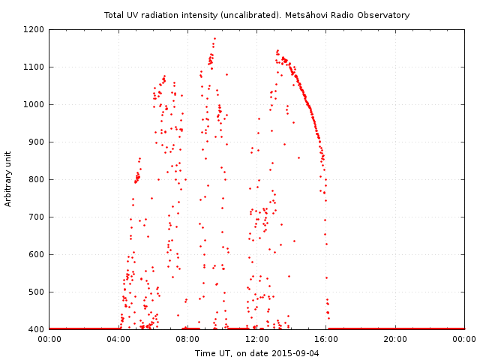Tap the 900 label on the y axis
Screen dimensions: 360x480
(37, 142)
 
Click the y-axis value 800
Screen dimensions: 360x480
(37, 179)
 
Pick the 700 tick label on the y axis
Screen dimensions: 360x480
(37, 217)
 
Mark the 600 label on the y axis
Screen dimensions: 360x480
(37, 254)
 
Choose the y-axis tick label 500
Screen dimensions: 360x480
(37, 292)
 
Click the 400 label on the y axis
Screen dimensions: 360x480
(37, 329)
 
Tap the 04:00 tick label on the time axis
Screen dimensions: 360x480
(118, 339)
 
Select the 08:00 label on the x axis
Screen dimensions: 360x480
(187, 339)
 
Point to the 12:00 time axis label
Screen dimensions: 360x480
(257, 339)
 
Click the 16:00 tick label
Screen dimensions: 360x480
(326, 339)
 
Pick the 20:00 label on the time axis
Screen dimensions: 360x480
(395, 339)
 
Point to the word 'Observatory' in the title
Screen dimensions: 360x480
(385, 15)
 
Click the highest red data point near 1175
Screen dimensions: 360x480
(214, 38)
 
